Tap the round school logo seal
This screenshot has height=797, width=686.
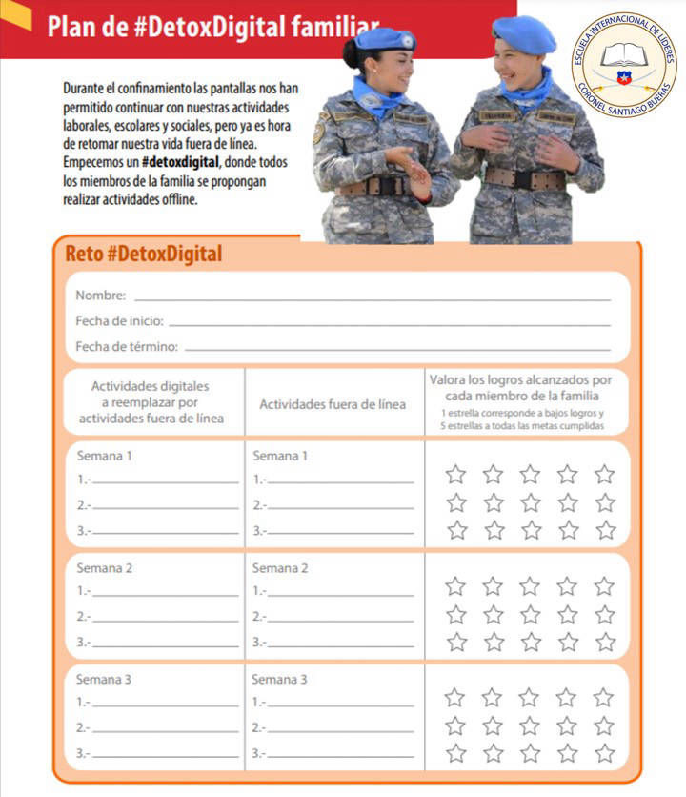(624, 63)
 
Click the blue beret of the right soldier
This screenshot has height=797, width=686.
(524, 33)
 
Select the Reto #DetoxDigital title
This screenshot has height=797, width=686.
(143, 255)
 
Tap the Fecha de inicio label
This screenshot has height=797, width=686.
(119, 321)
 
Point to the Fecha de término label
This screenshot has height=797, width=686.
(127, 346)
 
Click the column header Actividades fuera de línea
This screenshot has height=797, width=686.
(333, 404)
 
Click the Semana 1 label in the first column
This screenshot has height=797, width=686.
(104, 456)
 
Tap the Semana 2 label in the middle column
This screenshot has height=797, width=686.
(279, 568)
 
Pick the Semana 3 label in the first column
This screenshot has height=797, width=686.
(104, 680)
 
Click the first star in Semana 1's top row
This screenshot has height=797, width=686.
(456, 474)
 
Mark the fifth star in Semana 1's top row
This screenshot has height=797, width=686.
(605, 474)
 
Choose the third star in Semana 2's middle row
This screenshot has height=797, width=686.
(531, 614)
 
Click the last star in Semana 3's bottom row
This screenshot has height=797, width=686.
(605, 753)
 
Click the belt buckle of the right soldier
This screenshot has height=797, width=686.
(519, 178)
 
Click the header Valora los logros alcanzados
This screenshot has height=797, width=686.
(521, 379)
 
